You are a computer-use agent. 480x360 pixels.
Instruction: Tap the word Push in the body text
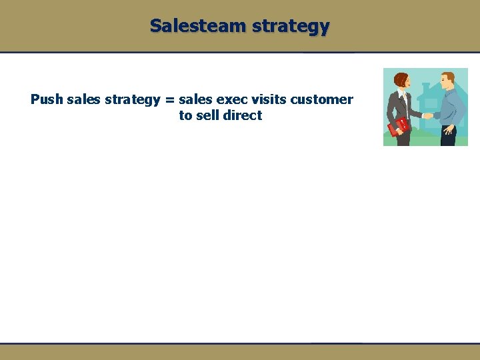coord(47,100)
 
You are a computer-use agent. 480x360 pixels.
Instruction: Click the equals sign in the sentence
coord(169,100)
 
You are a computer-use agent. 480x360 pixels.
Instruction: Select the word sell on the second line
coord(207,115)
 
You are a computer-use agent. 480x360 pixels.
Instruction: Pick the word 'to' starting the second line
coord(185,115)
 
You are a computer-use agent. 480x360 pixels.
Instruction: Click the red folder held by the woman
coord(401,126)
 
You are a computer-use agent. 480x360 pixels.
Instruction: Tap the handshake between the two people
coord(427,115)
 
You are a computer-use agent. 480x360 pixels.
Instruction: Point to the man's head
coord(448,81)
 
